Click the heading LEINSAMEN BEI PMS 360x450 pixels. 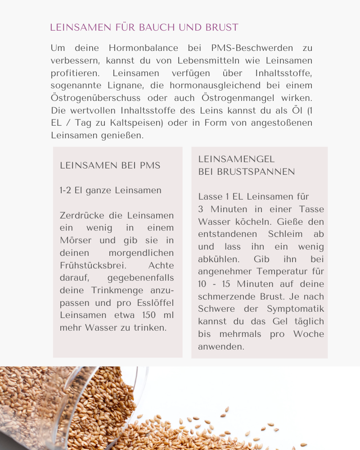click(110, 165)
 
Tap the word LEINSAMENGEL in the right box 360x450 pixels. click(236, 159)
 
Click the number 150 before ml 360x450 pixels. click(149, 315)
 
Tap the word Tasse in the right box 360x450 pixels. click(312, 209)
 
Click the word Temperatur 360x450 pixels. click(284, 272)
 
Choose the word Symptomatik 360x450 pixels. click(295, 309)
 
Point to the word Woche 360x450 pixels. click(308, 334)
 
